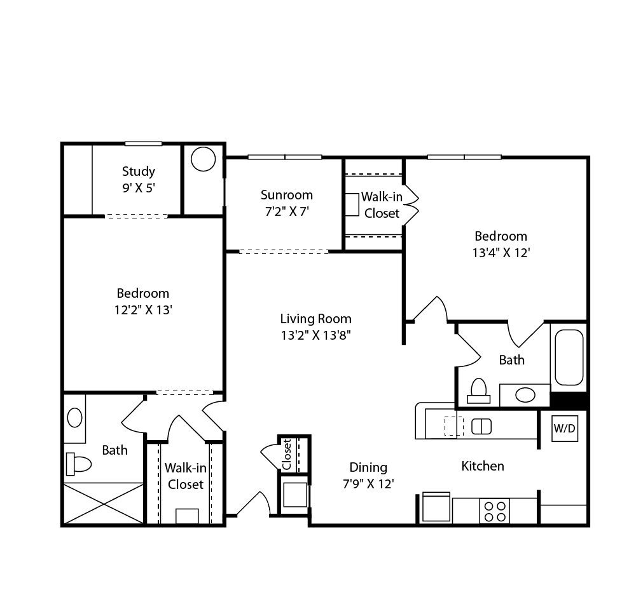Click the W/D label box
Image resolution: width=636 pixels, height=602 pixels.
[565, 428]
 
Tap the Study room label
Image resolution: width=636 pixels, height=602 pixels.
[138, 171]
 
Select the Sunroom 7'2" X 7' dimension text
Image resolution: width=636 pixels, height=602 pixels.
[287, 211]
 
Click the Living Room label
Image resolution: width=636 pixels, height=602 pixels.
[315, 319]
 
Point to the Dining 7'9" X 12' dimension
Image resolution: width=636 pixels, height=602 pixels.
[368, 484]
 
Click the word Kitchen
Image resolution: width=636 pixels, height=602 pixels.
[483, 466]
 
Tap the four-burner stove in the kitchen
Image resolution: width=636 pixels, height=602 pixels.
[494, 511]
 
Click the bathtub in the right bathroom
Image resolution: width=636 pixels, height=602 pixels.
[569, 358]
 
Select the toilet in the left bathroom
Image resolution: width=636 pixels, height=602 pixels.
[78, 464]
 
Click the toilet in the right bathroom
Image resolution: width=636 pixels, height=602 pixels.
[479, 391]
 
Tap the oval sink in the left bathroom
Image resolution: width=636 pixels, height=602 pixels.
[74, 418]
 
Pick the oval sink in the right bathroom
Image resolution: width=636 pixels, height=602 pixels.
[525, 395]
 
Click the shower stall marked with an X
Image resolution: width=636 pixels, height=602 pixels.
[104, 504]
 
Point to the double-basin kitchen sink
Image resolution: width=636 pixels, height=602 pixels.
[481, 427]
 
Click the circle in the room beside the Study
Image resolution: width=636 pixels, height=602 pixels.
[203, 159]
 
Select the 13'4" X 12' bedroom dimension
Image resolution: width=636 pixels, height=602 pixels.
[501, 253]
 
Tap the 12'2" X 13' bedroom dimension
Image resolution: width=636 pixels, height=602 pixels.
[143, 310]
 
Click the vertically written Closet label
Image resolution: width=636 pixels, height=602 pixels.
[287, 454]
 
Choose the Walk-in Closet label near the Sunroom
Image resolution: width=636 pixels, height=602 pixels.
[382, 205]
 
